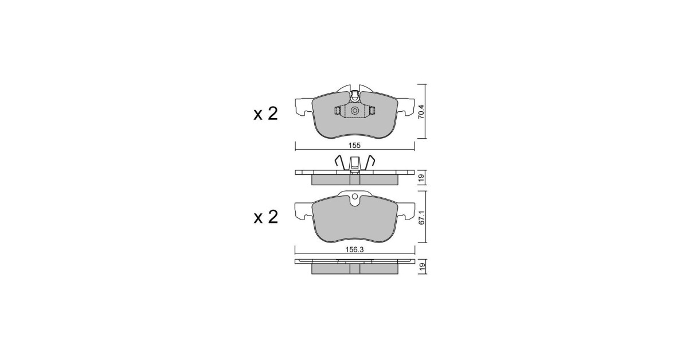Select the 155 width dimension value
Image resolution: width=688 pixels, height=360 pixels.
tap(355, 146)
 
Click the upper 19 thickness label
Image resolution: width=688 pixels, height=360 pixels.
tap(421, 178)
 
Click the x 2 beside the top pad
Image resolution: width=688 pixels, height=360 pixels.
tap(265, 114)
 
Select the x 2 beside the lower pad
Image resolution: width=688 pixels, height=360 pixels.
tap(265, 217)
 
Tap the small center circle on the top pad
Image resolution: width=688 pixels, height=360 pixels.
tap(354, 111)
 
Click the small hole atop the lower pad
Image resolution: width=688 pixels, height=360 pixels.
tap(355, 200)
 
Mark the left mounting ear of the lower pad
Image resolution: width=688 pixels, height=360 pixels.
tap(302, 210)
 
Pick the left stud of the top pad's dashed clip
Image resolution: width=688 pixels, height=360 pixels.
tap(338, 111)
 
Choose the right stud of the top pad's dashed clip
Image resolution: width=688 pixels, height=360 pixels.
tap(372, 111)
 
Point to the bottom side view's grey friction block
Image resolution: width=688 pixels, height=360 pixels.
tap(354, 268)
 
